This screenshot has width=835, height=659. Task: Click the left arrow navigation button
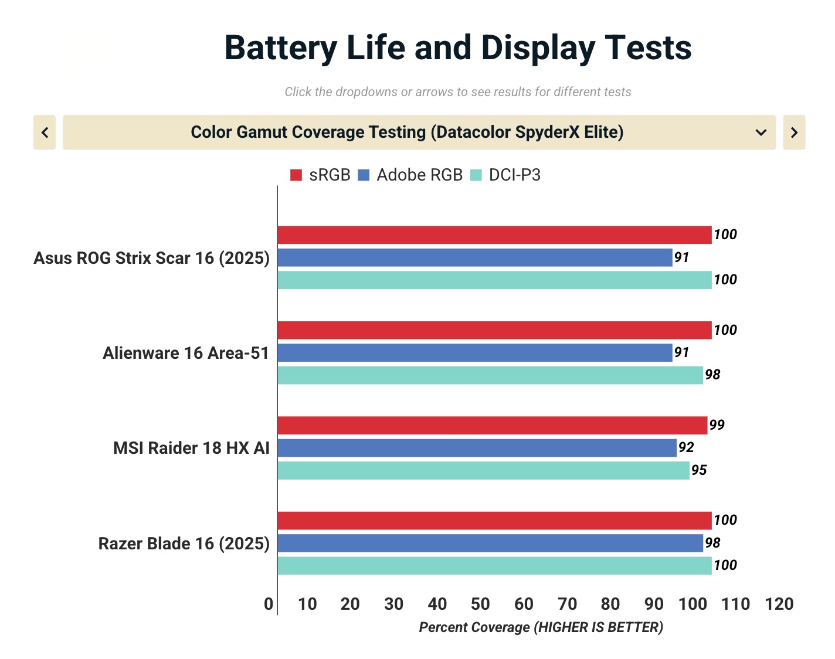click(45, 133)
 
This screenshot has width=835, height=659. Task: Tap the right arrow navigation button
click(794, 133)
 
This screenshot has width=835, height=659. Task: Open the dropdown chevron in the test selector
click(761, 133)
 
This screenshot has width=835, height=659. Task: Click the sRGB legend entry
click(320, 175)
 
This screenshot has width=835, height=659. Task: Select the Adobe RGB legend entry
click(410, 175)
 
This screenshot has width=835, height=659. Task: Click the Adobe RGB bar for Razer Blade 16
click(490, 543)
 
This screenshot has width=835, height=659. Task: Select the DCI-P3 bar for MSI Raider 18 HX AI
click(484, 470)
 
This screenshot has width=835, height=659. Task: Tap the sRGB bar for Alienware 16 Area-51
click(494, 330)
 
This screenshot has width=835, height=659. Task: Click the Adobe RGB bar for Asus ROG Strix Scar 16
click(475, 257)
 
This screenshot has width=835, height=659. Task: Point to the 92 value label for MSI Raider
click(686, 448)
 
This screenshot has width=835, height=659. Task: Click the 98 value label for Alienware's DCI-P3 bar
click(712, 375)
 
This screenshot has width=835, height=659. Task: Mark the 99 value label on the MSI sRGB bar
click(717, 425)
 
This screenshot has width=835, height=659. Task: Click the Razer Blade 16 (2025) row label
click(184, 543)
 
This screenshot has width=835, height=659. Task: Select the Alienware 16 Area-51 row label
click(186, 353)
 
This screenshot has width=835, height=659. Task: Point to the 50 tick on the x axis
click(480, 604)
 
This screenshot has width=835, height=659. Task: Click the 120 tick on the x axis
click(779, 604)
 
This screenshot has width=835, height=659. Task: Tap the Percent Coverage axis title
click(541, 627)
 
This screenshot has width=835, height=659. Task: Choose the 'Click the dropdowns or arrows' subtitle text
click(457, 92)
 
